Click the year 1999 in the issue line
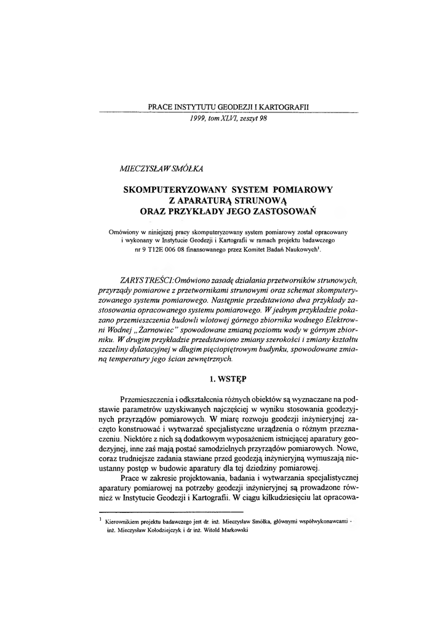point(199,119)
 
